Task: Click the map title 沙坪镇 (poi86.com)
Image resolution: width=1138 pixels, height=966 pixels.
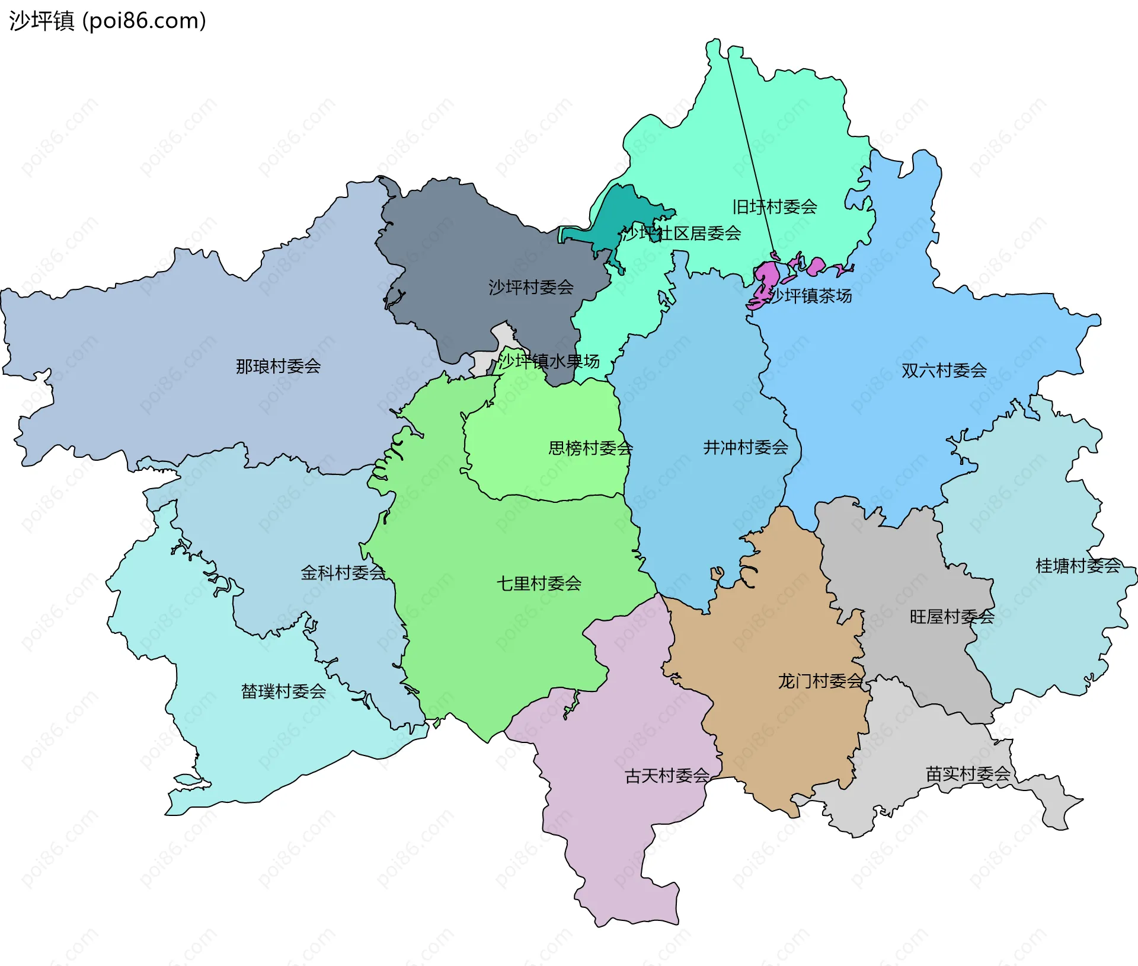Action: coord(107,21)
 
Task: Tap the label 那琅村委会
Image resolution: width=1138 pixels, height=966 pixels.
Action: coord(278,366)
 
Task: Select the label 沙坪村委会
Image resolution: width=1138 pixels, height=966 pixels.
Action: coord(530,288)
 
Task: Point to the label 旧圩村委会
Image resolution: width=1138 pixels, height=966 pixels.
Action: coord(775,207)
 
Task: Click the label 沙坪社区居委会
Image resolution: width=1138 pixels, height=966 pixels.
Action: coord(682,234)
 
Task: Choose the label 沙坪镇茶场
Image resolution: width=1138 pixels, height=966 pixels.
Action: coord(810,296)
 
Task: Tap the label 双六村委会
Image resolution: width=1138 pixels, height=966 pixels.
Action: coord(944,371)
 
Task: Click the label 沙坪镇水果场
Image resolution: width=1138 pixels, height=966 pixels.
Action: coord(548,361)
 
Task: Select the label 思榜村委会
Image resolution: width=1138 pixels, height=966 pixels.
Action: coord(590,448)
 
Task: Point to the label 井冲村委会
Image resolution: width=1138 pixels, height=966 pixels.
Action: coord(746,448)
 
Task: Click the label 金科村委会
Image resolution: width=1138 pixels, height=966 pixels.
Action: coord(343,573)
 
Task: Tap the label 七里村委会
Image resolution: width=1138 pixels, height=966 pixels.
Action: coord(539,584)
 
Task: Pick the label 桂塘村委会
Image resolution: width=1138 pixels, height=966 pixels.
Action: coord(1078,566)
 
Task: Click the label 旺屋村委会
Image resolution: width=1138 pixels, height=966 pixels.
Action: coord(952,617)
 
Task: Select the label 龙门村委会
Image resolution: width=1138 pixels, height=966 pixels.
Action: coord(820,681)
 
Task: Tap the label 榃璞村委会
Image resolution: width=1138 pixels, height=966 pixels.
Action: coord(283,691)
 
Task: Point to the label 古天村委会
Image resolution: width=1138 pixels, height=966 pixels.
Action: coord(667,776)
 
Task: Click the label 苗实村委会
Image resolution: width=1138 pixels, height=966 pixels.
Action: coord(968,774)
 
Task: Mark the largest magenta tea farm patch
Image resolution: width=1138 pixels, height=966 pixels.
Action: coord(765,277)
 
